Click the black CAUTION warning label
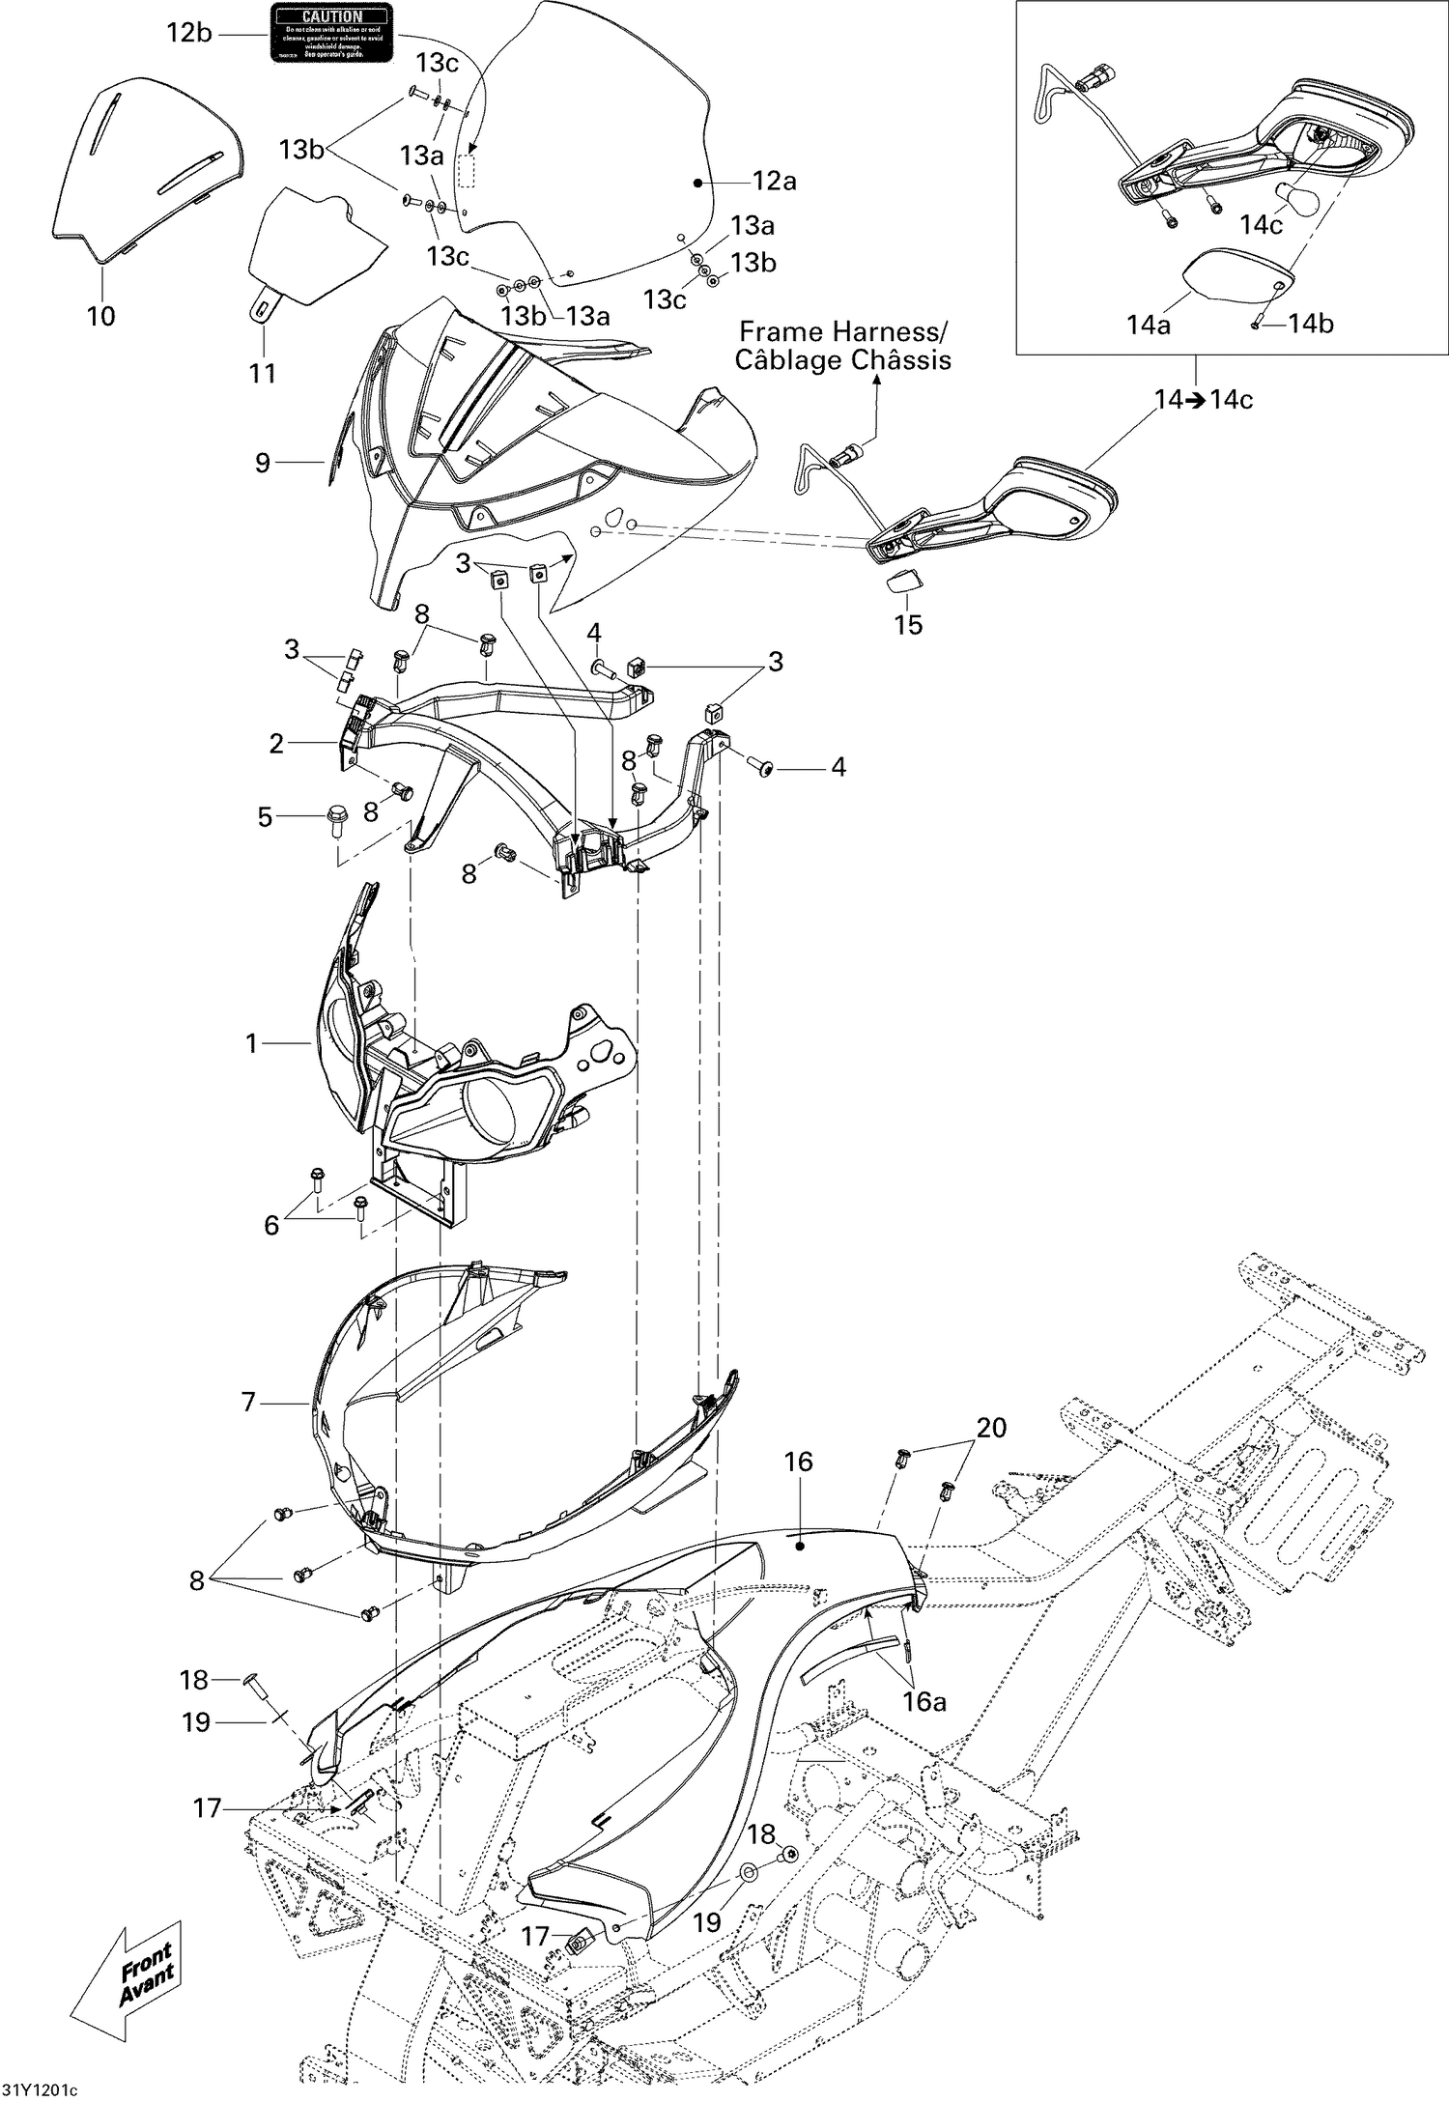pos(331,33)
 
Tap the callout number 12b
pos(189,33)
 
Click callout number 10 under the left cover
pos(100,316)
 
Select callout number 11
pos(263,373)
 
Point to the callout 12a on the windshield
pos(775,181)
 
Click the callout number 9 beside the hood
pos(263,463)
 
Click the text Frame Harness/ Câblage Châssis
pos(842,347)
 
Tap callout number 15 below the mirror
pos(908,625)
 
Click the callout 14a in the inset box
pos(1149,326)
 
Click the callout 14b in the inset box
pos(1311,325)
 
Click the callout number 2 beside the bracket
pos(277,743)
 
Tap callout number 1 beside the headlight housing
pos(252,1043)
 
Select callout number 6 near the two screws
pos(271,1225)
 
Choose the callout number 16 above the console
pos(799,1462)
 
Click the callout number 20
pos(992,1428)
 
